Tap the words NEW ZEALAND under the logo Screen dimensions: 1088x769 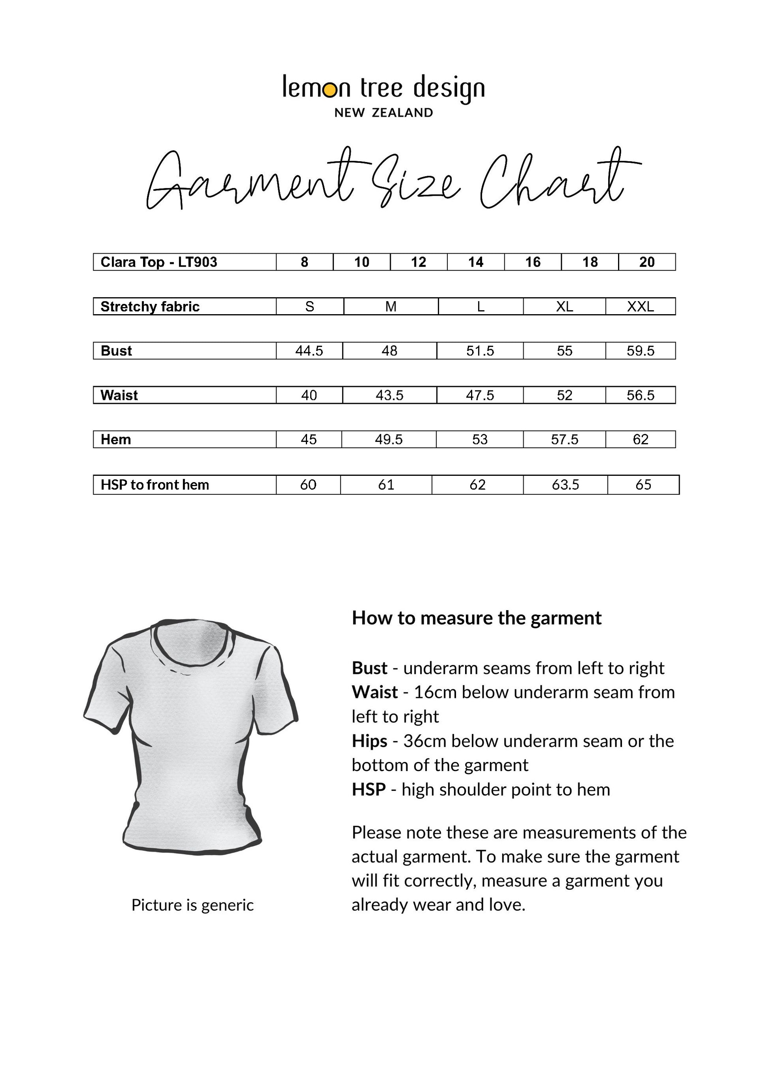pos(384,113)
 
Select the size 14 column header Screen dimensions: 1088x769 pos(476,262)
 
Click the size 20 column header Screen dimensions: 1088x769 pos(647,262)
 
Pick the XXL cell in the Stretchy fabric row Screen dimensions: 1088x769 pos(640,307)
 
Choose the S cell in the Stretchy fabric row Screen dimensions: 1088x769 pos(309,307)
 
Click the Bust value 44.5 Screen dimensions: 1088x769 pos(309,351)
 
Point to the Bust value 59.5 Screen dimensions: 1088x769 pos(640,351)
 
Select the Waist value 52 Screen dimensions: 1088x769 pos(564,395)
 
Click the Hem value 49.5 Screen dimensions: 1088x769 pos(388,439)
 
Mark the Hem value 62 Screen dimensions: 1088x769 pos(640,439)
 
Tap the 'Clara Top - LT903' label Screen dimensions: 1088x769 pos(159,262)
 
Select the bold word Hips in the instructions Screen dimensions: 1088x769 pos(369,741)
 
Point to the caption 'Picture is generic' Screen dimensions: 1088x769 pos(192,905)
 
